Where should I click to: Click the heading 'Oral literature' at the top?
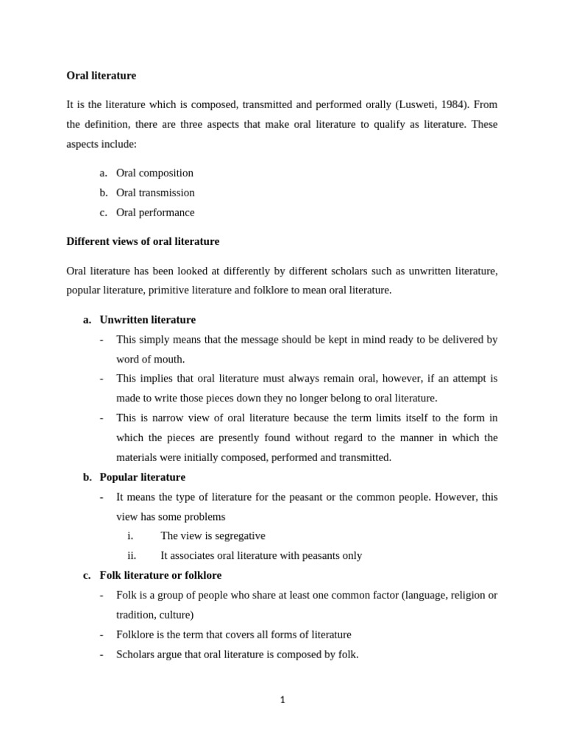(101, 76)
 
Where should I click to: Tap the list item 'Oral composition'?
(154, 173)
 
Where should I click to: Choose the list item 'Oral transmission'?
(155, 193)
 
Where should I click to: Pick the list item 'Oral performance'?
(155, 213)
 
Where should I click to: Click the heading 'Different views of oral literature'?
(143, 241)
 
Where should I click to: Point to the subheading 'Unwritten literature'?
(147, 320)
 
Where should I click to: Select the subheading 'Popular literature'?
(142, 477)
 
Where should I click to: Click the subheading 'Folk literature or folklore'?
(160, 575)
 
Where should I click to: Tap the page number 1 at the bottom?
(282, 700)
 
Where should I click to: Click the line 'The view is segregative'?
(213, 536)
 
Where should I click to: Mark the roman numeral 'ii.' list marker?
(132, 556)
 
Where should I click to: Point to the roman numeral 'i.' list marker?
(130, 536)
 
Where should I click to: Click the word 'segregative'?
(238, 536)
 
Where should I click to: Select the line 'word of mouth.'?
(150, 360)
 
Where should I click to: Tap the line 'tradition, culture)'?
(154, 615)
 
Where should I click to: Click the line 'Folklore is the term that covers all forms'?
(233, 635)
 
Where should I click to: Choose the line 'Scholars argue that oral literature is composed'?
(237, 654)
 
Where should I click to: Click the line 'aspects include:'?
(102, 144)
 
